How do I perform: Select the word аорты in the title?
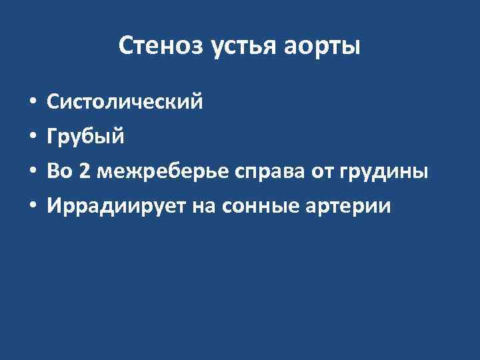325,47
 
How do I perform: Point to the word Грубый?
84,137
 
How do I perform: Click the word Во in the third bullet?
59,172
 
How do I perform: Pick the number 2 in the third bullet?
84,172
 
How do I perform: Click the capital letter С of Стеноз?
126,47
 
